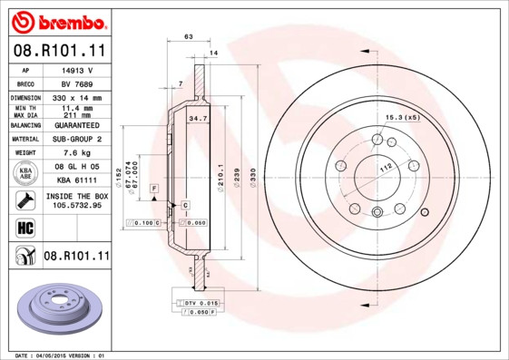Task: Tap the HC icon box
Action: pos(24,227)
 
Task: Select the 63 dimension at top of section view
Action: pos(188,36)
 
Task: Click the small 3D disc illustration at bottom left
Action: pos(56,309)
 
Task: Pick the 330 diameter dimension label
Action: pos(253,171)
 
